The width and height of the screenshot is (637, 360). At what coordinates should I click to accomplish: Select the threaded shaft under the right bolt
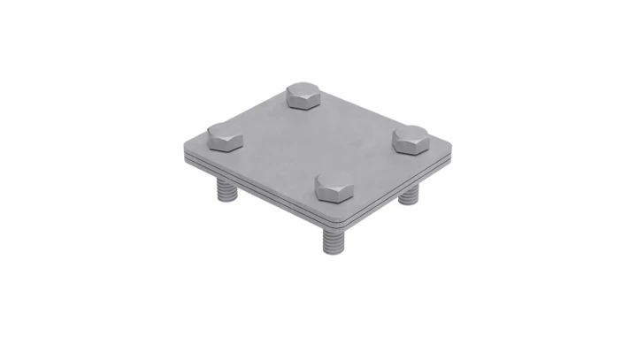click(x=409, y=195)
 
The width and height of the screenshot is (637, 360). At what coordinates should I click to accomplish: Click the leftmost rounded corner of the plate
click(x=182, y=146)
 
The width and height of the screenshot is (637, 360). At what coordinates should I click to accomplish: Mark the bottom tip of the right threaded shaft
click(x=409, y=204)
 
